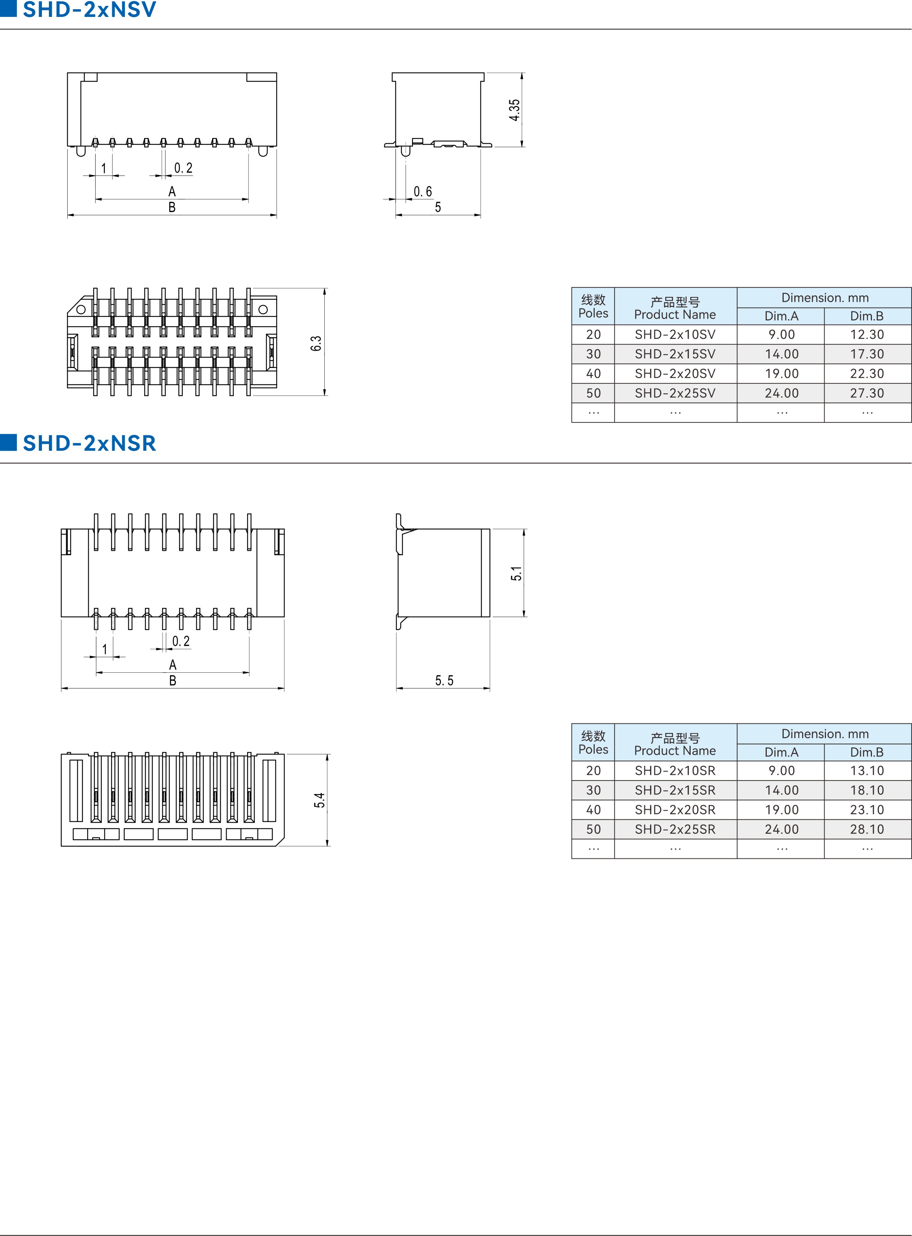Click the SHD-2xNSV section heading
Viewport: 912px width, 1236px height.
click(x=89, y=10)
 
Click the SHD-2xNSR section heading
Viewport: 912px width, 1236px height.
click(x=89, y=443)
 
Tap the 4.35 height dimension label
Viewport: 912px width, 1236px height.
click(x=514, y=110)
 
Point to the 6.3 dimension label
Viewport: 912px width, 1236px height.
click(x=316, y=343)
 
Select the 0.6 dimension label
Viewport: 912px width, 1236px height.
click(x=423, y=192)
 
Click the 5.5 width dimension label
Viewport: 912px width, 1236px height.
click(x=444, y=680)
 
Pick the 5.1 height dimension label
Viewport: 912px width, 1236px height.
click(x=516, y=573)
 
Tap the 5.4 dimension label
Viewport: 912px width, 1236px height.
click(x=320, y=800)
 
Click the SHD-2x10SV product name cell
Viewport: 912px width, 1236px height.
click(x=675, y=334)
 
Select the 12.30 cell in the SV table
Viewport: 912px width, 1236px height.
click(x=867, y=334)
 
